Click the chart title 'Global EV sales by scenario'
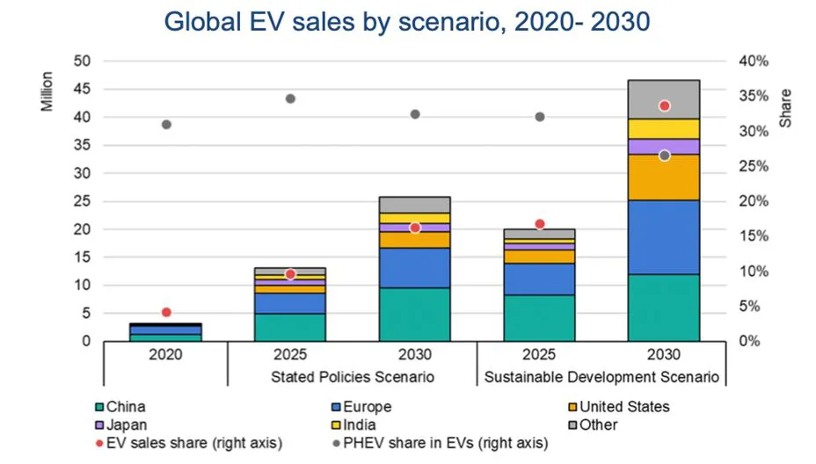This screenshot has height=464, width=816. click(407, 21)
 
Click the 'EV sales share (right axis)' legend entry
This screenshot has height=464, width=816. click(179, 444)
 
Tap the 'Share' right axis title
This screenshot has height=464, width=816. click(785, 107)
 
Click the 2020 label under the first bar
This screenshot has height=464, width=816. click(165, 356)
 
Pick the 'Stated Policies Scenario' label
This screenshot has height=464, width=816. click(352, 376)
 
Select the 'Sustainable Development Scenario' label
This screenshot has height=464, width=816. click(602, 376)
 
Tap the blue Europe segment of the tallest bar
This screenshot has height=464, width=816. click(664, 237)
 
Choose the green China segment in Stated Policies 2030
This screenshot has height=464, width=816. click(414, 314)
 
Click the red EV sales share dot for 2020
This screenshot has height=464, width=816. click(166, 312)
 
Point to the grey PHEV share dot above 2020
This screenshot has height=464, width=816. click(166, 124)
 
